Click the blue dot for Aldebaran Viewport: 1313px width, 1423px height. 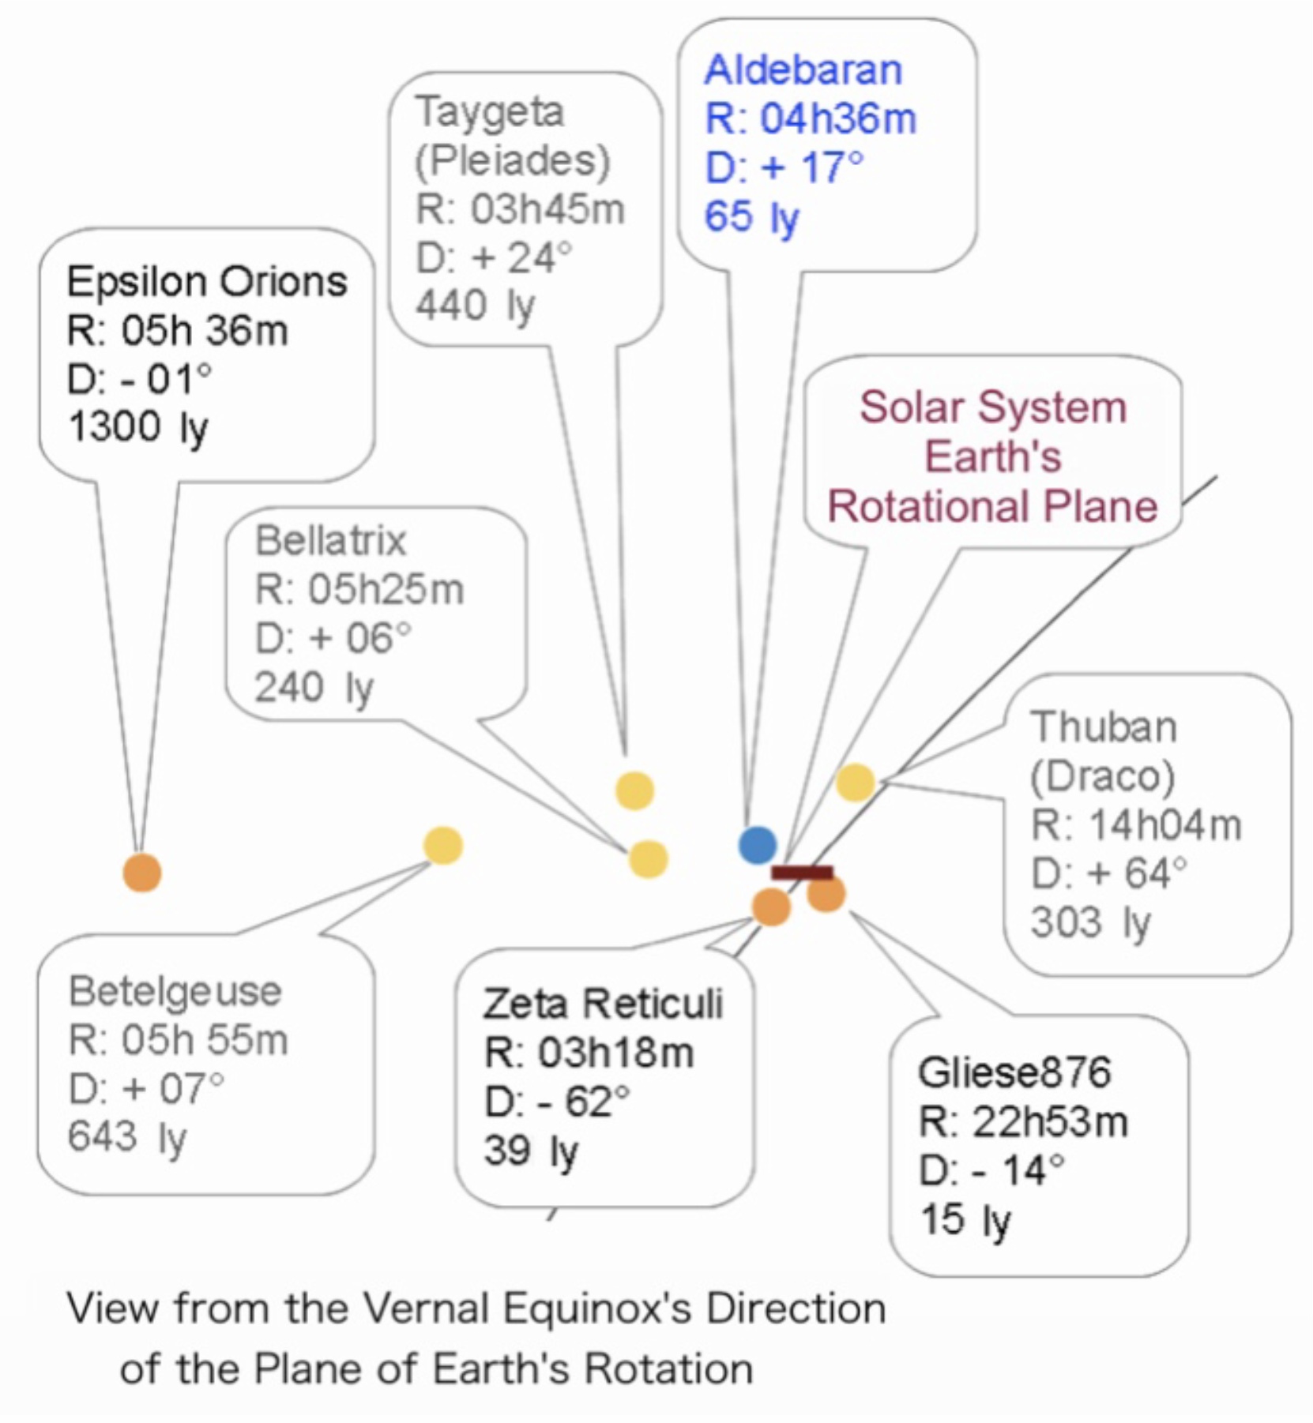pyautogui.click(x=757, y=844)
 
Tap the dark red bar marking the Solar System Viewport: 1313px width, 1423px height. pyautogui.click(x=802, y=873)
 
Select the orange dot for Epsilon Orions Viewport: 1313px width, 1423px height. pyautogui.click(x=142, y=873)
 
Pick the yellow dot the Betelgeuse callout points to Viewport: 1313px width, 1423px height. pyautogui.click(x=443, y=846)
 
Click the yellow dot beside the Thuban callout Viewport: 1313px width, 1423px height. pyautogui.click(x=856, y=783)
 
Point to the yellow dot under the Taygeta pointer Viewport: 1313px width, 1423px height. pyautogui.click(x=635, y=790)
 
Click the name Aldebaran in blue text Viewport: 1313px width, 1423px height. pyautogui.click(x=803, y=70)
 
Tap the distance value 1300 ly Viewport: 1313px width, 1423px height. pyautogui.click(x=137, y=428)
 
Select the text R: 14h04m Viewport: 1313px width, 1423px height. pyautogui.click(x=1136, y=826)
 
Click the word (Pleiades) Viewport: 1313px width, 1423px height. pyautogui.click(x=513, y=161)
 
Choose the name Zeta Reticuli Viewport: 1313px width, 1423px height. pyautogui.click(x=603, y=1004)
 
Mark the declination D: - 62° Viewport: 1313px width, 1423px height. pyautogui.click(x=557, y=1102)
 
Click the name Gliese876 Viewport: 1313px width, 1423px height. pyautogui.click(x=1014, y=1072)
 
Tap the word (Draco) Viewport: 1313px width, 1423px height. pyautogui.click(x=1102, y=777)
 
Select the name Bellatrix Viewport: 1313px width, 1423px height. pyautogui.click(x=330, y=542)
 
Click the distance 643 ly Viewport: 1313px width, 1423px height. pyautogui.click(x=127, y=1138)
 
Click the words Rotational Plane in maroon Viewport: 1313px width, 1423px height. pyautogui.click(x=992, y=506)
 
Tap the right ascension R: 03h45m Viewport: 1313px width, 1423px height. pyautogui.click(x=520, y=210)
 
